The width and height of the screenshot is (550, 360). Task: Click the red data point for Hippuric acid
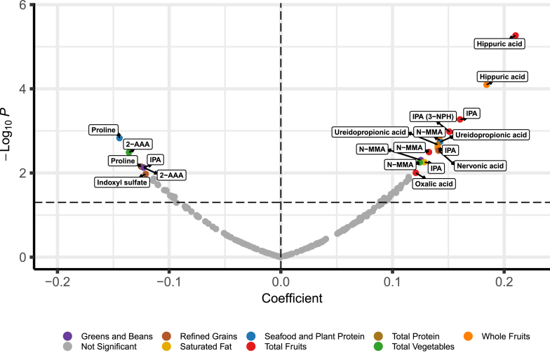point(514,36)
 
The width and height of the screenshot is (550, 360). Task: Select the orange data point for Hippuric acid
point(486,85)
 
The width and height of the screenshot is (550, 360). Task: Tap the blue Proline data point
point(119,138)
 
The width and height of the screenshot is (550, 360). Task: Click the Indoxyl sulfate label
point(121,182)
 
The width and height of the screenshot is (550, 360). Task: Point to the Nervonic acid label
point(479,166)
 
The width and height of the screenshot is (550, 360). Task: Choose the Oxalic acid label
point(433,184)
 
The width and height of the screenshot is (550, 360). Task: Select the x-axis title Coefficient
point(292,298)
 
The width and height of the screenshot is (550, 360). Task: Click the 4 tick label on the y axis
point(22,89)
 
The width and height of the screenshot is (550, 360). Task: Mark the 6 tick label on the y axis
point(22,5)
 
